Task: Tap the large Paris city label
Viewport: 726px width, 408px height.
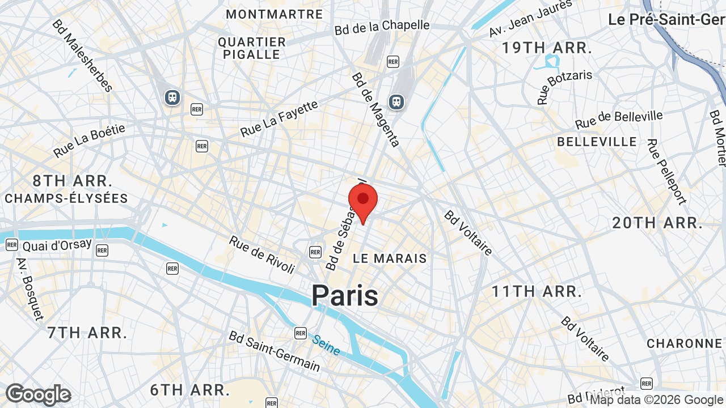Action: [x=345, y=296]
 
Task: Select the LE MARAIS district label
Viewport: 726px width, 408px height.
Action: [x=390, y=258]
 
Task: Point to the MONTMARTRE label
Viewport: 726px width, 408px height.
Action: [x=275, y=14]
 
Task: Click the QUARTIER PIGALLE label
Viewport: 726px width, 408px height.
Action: [x=252, y=48]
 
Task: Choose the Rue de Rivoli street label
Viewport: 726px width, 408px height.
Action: [x=262, y=254]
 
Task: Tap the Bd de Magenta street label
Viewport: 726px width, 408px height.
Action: [x=375, y=109]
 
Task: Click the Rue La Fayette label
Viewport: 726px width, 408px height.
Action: [x=279, y=119]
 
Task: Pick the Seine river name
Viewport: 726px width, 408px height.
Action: [x=326, y=345]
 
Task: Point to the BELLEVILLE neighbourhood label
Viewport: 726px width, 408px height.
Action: [x=597, y=142]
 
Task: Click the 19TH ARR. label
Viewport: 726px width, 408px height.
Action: [x=547, y=48]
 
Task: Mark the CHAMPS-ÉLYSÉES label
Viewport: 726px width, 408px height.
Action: [x=66, y=198]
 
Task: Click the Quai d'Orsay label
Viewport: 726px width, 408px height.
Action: [x=57, y=245]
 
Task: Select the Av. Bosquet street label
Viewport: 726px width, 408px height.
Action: [x=29, y=288]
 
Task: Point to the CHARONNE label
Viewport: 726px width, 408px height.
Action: [x=684, y=343]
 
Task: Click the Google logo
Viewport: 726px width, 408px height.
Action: [x=39, y=394]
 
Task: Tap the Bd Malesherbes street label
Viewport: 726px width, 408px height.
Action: [x=82, y=56]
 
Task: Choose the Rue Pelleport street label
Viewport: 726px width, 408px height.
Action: [x=666, y=172]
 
